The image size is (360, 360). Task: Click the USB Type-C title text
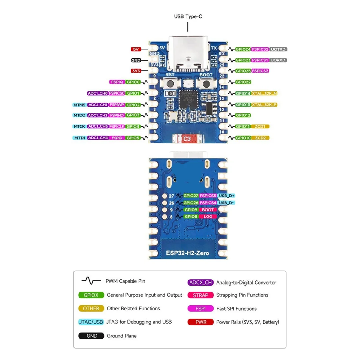pos(188,16)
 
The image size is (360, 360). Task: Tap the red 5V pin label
pos(136,49)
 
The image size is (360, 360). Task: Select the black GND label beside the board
pos(136,60)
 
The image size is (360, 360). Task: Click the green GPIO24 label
pos(243,49)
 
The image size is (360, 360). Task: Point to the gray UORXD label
pos(278,60)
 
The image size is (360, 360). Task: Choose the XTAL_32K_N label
pos(264,93)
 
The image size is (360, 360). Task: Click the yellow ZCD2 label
pos(260,138)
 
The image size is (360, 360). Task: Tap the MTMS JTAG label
pos(79,105)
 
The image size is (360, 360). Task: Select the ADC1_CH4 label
pos(98,138)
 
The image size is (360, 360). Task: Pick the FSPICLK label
pos(117,126)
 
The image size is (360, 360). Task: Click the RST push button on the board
pos(170,84)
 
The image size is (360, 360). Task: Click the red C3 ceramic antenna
pos(187,139)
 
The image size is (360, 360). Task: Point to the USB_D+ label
pos(226,196)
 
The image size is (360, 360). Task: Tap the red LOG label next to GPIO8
pos(208,217)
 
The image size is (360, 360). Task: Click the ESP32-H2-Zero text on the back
pos(187,253)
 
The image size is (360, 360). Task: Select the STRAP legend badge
pos(200,295)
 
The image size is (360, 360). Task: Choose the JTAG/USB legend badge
pos(91,322)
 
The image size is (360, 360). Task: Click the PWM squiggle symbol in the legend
pos(91,281)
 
